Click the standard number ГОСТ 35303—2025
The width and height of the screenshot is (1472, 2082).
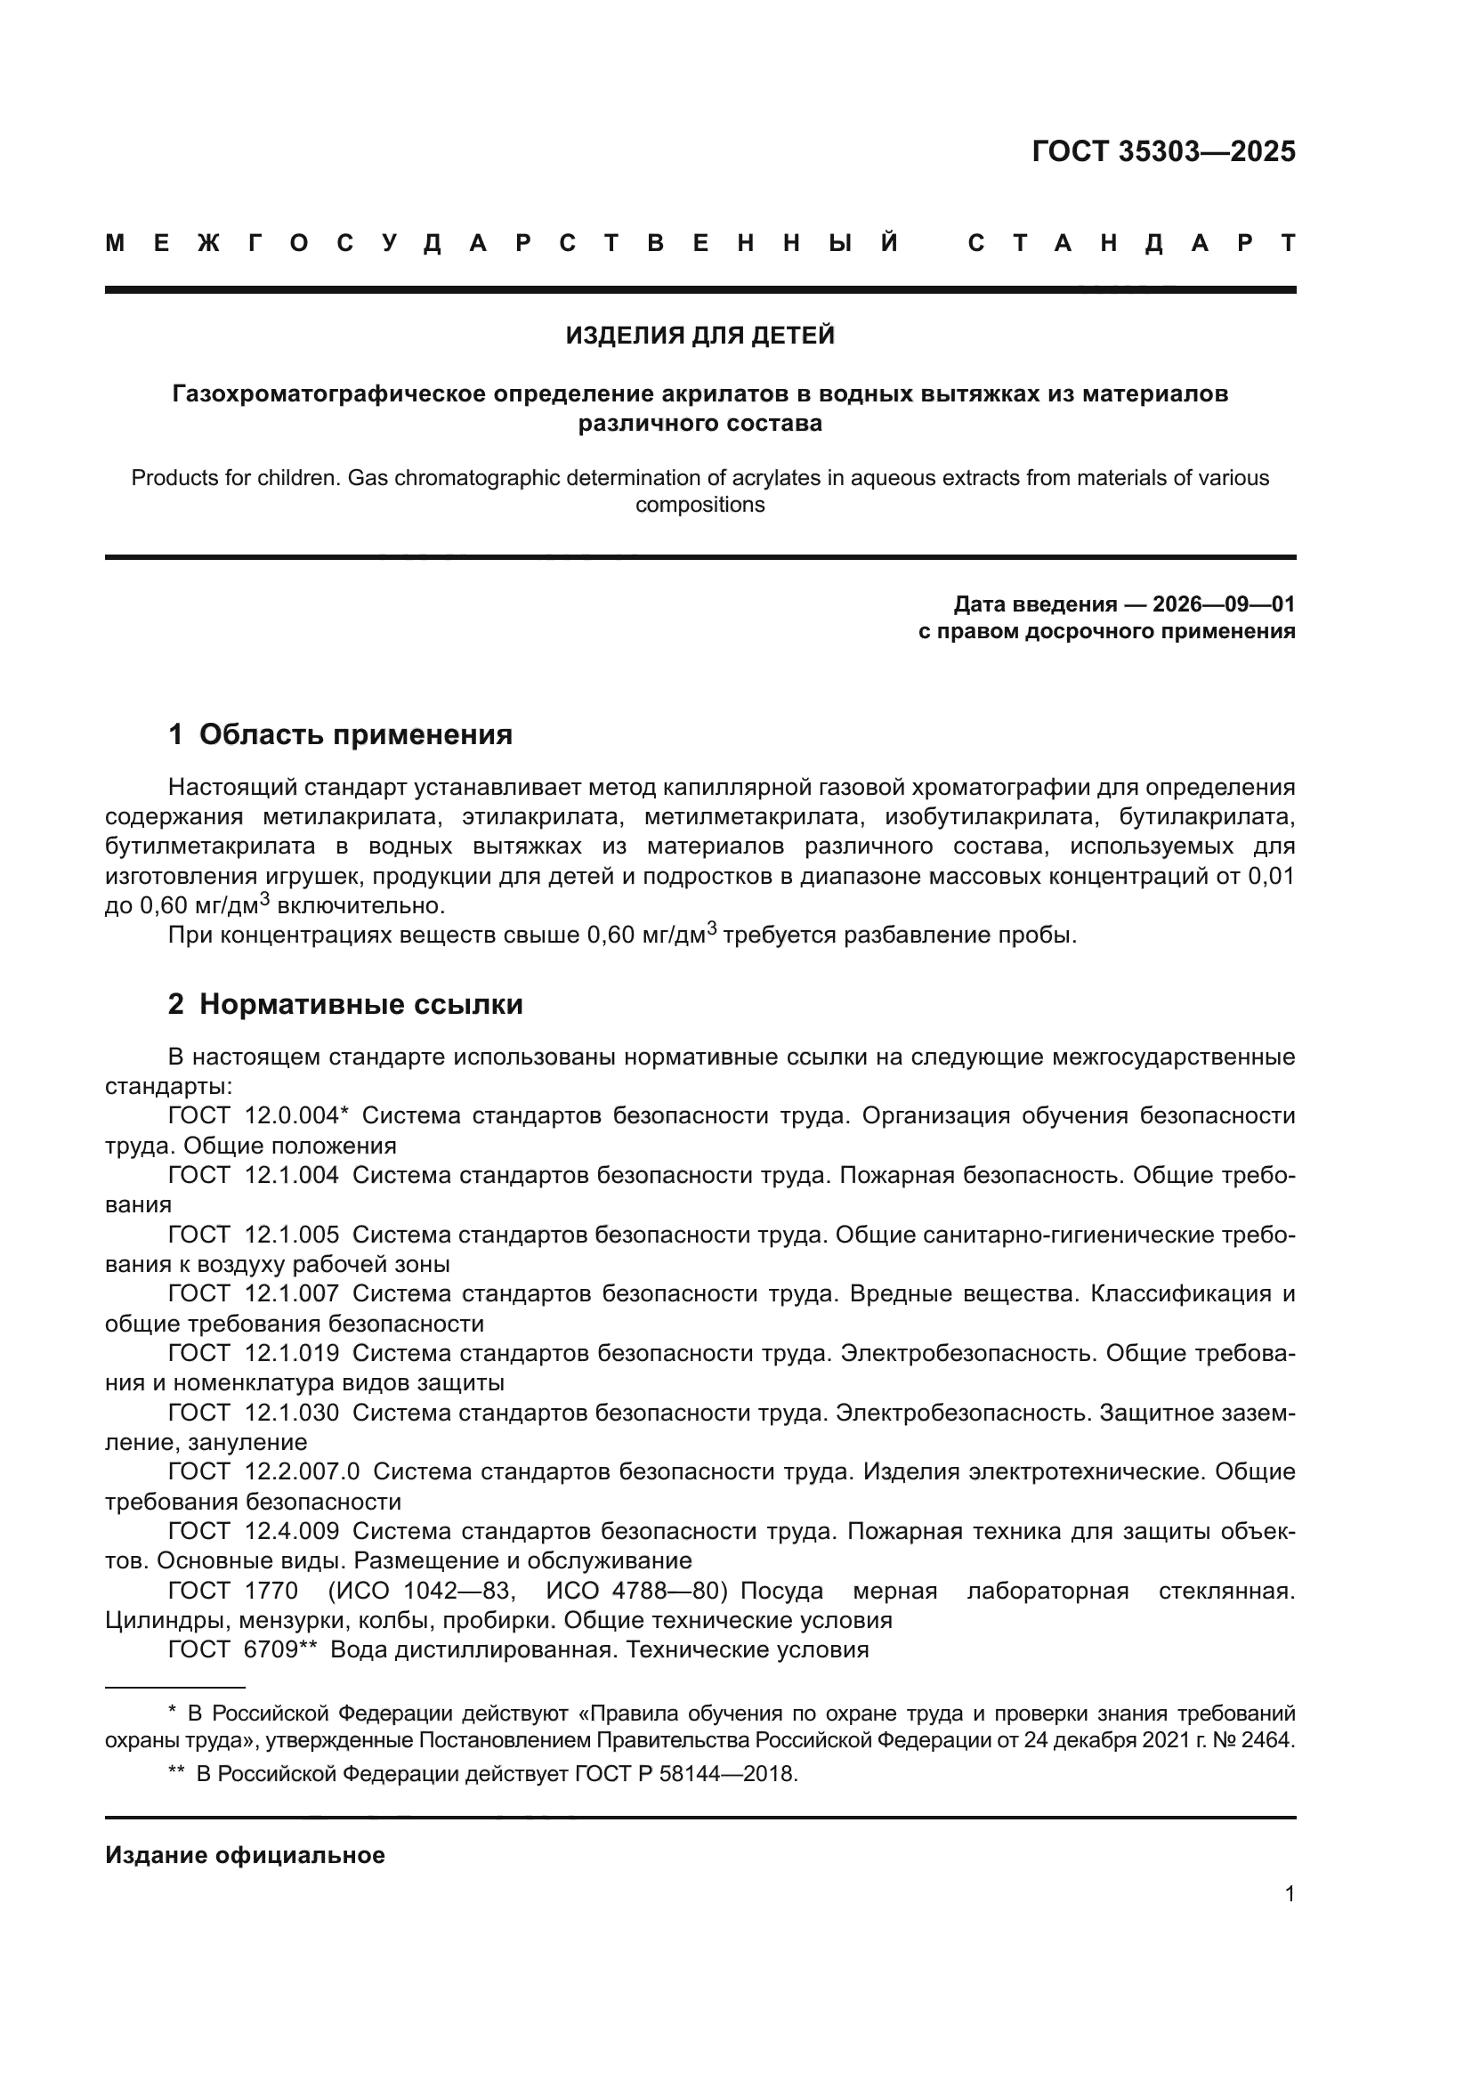click(1163, 151)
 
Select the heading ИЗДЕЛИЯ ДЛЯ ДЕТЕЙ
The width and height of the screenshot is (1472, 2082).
click(700, 336)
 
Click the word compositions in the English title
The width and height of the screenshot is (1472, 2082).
click(700, 505)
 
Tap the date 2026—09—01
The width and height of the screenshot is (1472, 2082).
click(1224, 604)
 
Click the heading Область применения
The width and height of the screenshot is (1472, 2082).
click(355, 734)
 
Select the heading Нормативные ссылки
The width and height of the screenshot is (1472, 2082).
click(360, 1005)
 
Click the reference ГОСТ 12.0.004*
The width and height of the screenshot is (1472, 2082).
click(258, 1115)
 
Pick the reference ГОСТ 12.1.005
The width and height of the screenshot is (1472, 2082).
click(254, 1235)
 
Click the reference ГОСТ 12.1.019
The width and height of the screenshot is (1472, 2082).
click(254, 1353)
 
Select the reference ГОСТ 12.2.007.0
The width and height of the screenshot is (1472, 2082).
click(263, 1471)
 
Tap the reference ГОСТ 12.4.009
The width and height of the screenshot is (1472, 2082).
click(254, 1531)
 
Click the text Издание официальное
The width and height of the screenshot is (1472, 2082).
click(245, 1855)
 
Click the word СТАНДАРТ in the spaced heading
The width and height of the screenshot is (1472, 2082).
click(1131, 243)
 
